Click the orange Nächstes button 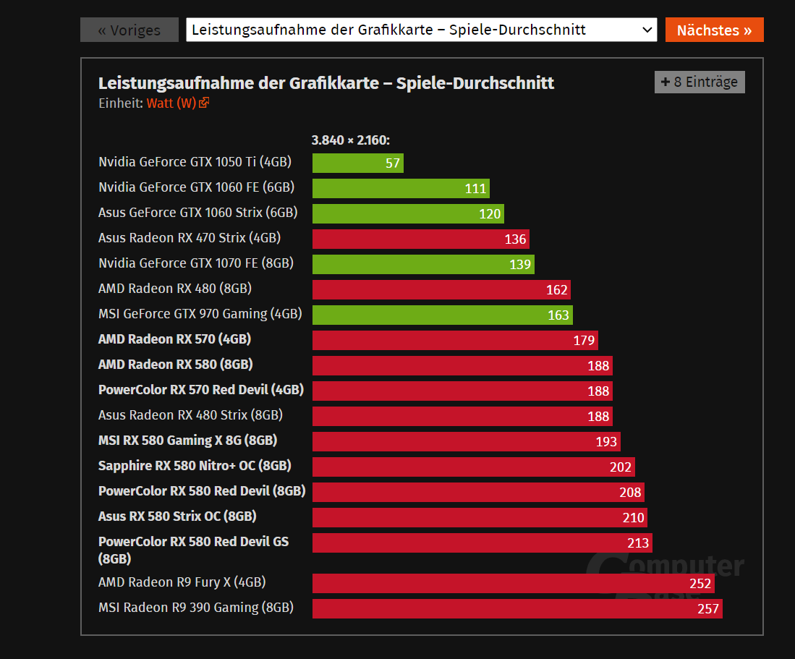click(x=714, y=30)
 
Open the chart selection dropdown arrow click(x=647, y=30)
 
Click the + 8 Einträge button click(x=699, y=82)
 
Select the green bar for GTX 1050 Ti click(x=357, y=163)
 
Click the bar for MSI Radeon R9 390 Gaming click(x=516, y=608)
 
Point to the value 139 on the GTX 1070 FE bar click(x=520, y=265)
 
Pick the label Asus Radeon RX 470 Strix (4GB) click(x=190, y=238)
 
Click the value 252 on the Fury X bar click(x=700, y=584)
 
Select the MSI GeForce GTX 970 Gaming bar click(x=441, y=315)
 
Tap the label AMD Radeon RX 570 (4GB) click(x=174, y=339)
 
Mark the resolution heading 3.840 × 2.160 click(x=351, y=140)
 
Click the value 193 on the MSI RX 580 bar click(x=606, y=442)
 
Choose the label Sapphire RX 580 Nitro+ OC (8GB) click(x=195, y=466)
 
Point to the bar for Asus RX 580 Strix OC click(x=479, y=517)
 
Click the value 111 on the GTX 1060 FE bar click(x=475, y=189)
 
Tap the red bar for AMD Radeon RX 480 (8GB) click(x=441, y=289)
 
